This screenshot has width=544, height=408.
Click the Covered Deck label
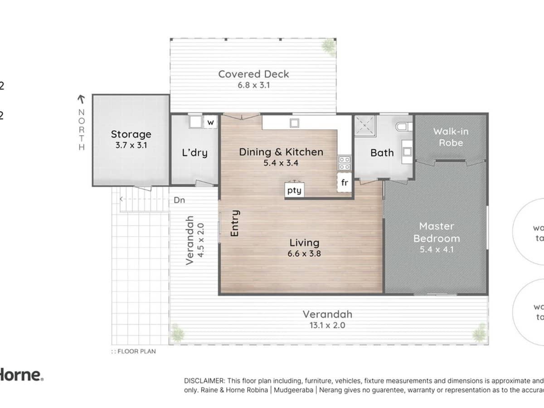(x=253, y=74)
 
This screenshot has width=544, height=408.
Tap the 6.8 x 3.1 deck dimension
(x=253, y=85)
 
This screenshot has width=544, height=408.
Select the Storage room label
(x=131, y=134)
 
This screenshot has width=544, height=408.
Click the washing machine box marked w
(x=210, y=122)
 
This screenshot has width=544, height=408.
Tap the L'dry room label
(x=194, y=153)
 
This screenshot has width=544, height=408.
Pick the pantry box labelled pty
(x=294, y=190)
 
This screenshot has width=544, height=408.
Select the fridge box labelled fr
(x=345, y=183)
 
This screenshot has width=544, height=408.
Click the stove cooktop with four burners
(x=344, y=163)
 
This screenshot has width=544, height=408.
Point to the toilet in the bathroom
(x=403, y=127)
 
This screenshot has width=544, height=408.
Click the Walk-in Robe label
(x=450, y=137)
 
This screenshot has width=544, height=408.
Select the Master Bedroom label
(x=436, y=232)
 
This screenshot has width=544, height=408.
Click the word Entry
(x=234, y=223)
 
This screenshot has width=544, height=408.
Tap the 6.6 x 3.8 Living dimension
(x=304, y=254)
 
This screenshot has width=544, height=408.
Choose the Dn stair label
(x=179, y=199)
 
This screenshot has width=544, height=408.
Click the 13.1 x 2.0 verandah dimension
(x=327, y=325)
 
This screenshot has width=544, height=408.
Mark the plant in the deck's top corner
(x=327, y=45)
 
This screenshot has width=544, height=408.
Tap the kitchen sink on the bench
(x=294, y=122)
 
